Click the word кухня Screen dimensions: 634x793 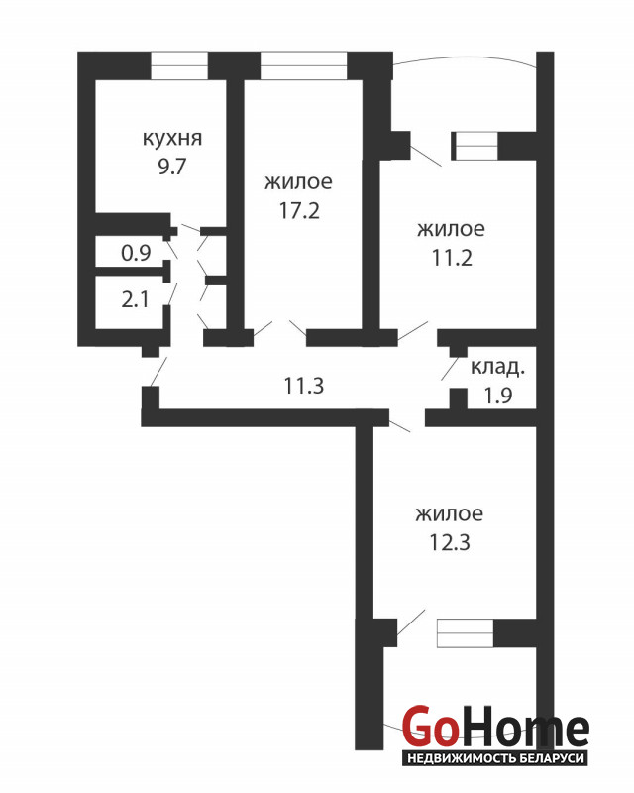tap(172, 138)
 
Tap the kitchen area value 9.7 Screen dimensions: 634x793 tap(172, 166)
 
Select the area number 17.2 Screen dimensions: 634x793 tap(299, 210)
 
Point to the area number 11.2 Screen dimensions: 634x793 tap(452, 258)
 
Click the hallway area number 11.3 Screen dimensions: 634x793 tap(303, 386)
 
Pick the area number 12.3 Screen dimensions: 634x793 tap(450, 542)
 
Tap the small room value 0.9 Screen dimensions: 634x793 tap(136, 253)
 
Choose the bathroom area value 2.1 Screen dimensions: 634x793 tap(135, 300)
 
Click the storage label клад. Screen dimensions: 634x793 tap(497, 368)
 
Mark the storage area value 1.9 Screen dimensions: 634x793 tap(498, 395)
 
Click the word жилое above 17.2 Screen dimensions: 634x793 tap(299, 182)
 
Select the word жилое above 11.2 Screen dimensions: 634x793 tap(451, 229)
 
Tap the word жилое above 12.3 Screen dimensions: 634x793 tap(450, 513)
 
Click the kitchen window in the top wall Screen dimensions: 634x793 tap(179, 65)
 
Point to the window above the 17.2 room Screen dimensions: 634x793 tap(303, 65)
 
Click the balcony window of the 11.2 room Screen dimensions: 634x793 tap(475, 146)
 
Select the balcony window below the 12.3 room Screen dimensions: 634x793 tap(466, 632)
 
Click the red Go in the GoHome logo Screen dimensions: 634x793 tap(427, 727)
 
